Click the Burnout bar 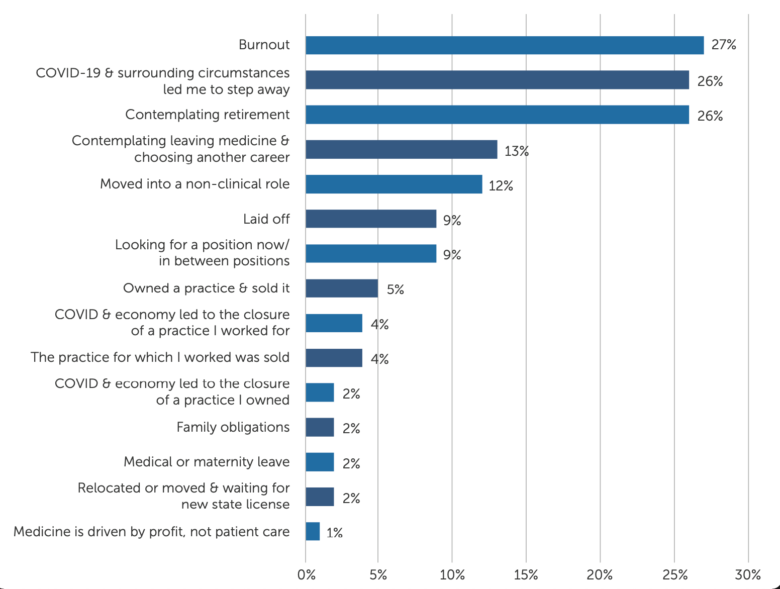tap(505, 45)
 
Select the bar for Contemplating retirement tap(497, 115)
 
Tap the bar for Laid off tap(371, 219)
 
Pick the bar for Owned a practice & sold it tap(342, 288)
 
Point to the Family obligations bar tap(320, 427)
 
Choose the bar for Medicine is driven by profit tap(313, 531)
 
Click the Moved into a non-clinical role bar tap(394, 184)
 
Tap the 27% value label tap(724, 45)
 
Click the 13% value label tap(517, 151)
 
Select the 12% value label tap(501, 186)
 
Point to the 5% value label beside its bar tap(396, 289)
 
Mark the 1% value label tap(334, 533)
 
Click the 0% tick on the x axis tap(307, 575)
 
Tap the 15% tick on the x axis tap(526, 575)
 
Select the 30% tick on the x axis tap(748, 575)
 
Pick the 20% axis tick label tap(600, 575)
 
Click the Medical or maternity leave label tap(207, 462)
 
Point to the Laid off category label tap(266, 219)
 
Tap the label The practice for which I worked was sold tap(160, 357)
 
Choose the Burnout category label tap(264, 45)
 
